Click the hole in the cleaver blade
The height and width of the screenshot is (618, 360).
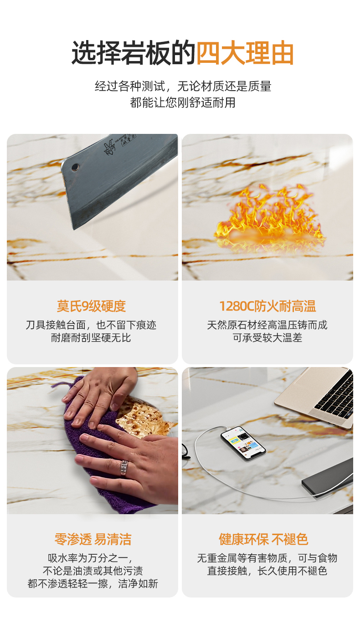pyautogui.click(x=75, y=167)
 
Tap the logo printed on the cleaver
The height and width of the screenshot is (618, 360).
pyautogui.click(x=109, y=148)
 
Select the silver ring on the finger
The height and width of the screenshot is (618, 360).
pyautogui.click(x=123, y=468)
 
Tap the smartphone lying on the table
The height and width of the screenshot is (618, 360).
pyautogui.click(x=243, y=444)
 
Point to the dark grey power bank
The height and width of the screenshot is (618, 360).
pyautogui.click(x=328, y=478)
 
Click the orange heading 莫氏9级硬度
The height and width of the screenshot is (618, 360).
pyautogui.click(x=92, y=306)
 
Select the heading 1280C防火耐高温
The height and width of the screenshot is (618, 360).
pyautogui.click(x=267, y=306)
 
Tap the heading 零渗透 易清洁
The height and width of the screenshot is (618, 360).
pyautogui.click(x=93, y=539)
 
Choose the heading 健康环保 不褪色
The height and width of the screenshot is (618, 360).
pyautogui.click(x=263, y=539)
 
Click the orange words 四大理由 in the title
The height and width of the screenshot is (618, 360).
pyautogui.click(x=245, y=53)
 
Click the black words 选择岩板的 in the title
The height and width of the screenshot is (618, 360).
pyautogui.click(x=134, y=53)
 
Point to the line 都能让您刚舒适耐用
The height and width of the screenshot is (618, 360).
pyautogui.click(x=183, y=102)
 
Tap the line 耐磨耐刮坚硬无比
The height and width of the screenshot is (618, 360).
pyautogui.click(x=91, y=338)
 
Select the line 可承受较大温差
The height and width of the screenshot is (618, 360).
pyautogui.click(x=267, y=338)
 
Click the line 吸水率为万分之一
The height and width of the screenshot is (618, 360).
pyautogui.click(x=91, y=558)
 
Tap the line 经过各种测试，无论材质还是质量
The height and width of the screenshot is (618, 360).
pyautogui.click(x=183, y=87)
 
